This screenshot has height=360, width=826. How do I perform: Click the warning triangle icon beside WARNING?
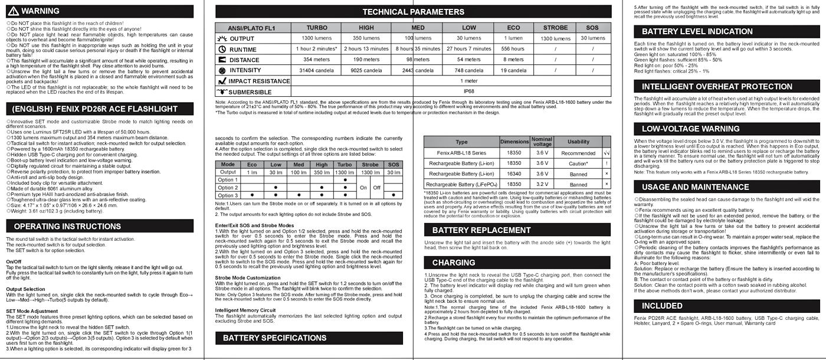click(13, 11)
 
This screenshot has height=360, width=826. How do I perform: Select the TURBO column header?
click(317, 28)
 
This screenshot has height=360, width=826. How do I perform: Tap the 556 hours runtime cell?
click(513, 49)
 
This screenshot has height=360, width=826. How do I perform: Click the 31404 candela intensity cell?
click(317, 70)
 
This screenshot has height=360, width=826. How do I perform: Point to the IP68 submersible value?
click(469, 91)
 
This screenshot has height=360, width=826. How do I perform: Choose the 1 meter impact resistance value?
click(469, 81)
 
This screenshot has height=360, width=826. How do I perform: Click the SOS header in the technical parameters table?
click(592, 28)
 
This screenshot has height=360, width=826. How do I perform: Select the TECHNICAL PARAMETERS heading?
click(413, 12)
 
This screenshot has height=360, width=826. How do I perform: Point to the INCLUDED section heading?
click(662, 306)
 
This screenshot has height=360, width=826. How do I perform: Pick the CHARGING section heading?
click(454, 263)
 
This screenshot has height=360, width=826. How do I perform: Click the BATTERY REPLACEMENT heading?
click(481, 230)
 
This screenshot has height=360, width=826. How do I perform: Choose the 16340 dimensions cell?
click(514, 174)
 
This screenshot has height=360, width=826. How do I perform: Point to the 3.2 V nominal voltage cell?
click(542, 185)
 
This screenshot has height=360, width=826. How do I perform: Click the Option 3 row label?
click(227, 195)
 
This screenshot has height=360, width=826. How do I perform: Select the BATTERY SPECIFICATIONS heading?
click(274, 338)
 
